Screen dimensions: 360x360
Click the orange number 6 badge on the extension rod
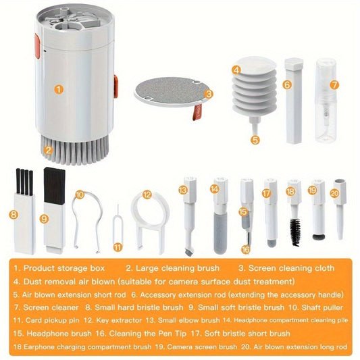point(286,85)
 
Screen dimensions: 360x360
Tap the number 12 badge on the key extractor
point(146,195)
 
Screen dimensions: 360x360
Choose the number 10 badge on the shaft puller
point(80,195)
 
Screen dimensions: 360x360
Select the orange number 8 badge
point(14,215)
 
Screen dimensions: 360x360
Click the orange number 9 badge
point(44,218)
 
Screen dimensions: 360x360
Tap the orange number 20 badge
point(333,192)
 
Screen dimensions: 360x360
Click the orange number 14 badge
point(214,190)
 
